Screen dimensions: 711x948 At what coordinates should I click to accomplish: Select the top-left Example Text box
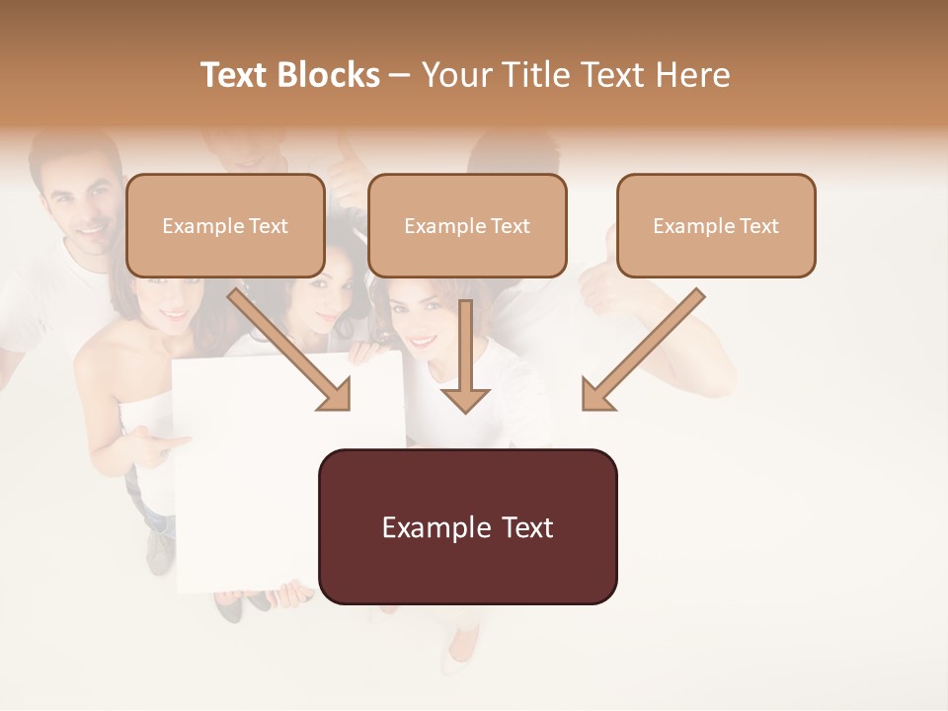point(225,225)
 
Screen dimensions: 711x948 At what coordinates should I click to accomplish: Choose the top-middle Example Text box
point(467,225)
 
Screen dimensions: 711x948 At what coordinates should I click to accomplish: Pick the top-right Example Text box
point(716,225)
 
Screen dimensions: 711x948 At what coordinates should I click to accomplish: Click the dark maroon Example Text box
point(467,526)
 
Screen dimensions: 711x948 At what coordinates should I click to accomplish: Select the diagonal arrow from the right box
point(642,351)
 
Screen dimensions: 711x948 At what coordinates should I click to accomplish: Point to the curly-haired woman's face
point(420,321)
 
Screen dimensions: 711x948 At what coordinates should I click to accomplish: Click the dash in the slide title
point(400,75)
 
